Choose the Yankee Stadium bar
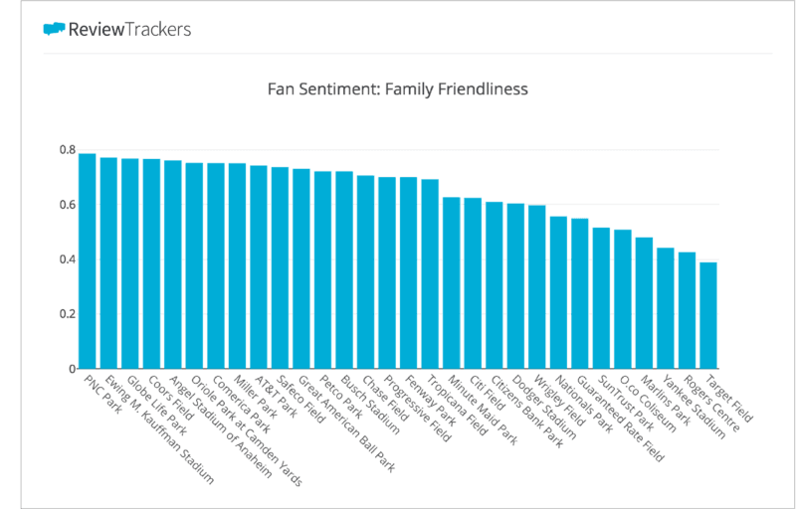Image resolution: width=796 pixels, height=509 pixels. coord(666,308)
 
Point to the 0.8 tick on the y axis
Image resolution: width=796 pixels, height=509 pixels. coord(67,150)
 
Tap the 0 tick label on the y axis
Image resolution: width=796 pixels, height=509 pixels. coord(72,369)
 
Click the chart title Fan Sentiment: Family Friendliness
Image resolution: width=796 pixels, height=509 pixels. coord(398,89)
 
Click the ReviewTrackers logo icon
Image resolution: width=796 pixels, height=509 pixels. coord(54,29)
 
